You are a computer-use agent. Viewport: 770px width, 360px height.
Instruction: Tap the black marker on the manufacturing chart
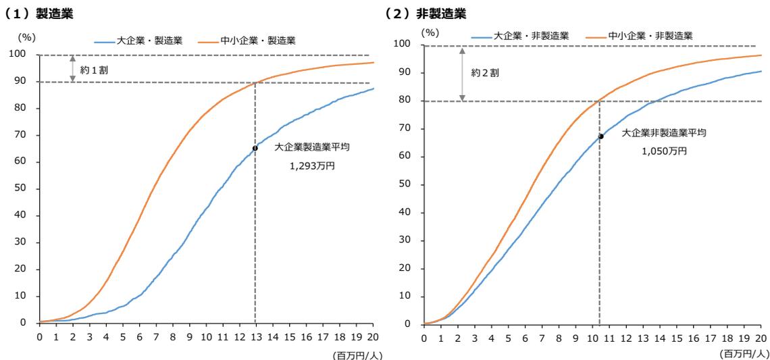point(255,148)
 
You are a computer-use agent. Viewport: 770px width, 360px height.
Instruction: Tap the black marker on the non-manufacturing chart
point(600,136)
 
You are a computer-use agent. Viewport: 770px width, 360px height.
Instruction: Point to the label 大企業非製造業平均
point(664,133)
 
